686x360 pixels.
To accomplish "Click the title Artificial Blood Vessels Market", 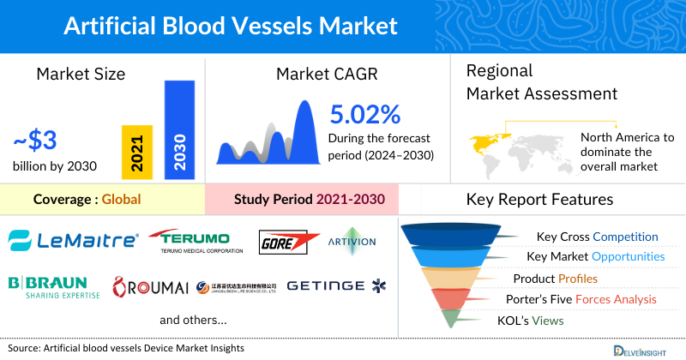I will [231, 24].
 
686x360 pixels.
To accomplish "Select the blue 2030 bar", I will [178, 130].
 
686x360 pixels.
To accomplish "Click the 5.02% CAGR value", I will [365, 114].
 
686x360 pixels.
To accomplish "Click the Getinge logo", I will [336, 285].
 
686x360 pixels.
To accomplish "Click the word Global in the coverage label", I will [121, 200].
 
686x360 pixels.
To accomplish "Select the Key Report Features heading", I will [539, 200].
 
